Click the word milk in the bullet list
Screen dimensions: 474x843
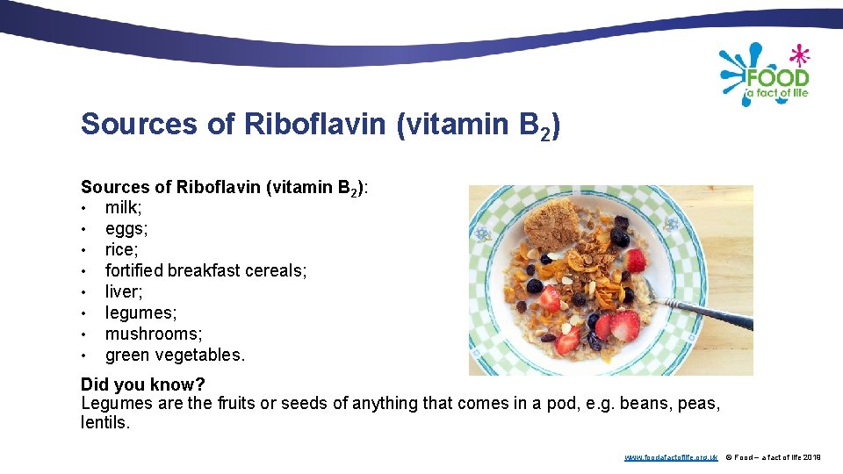click(x=123, y=207)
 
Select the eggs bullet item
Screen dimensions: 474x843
click(x=126, y=228)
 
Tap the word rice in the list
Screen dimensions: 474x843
click(x=120, y=249)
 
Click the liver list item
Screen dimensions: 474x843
click(x=122, y=291)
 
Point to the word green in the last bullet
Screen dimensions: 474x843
click(x=128, y=355)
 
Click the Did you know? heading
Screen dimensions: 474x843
click(x=142, y=384)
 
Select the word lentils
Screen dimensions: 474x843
click(x=104, y=422)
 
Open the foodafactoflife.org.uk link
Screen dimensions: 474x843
click(x=671, y=457)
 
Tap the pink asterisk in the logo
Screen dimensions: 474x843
click(x=799, y=55)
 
